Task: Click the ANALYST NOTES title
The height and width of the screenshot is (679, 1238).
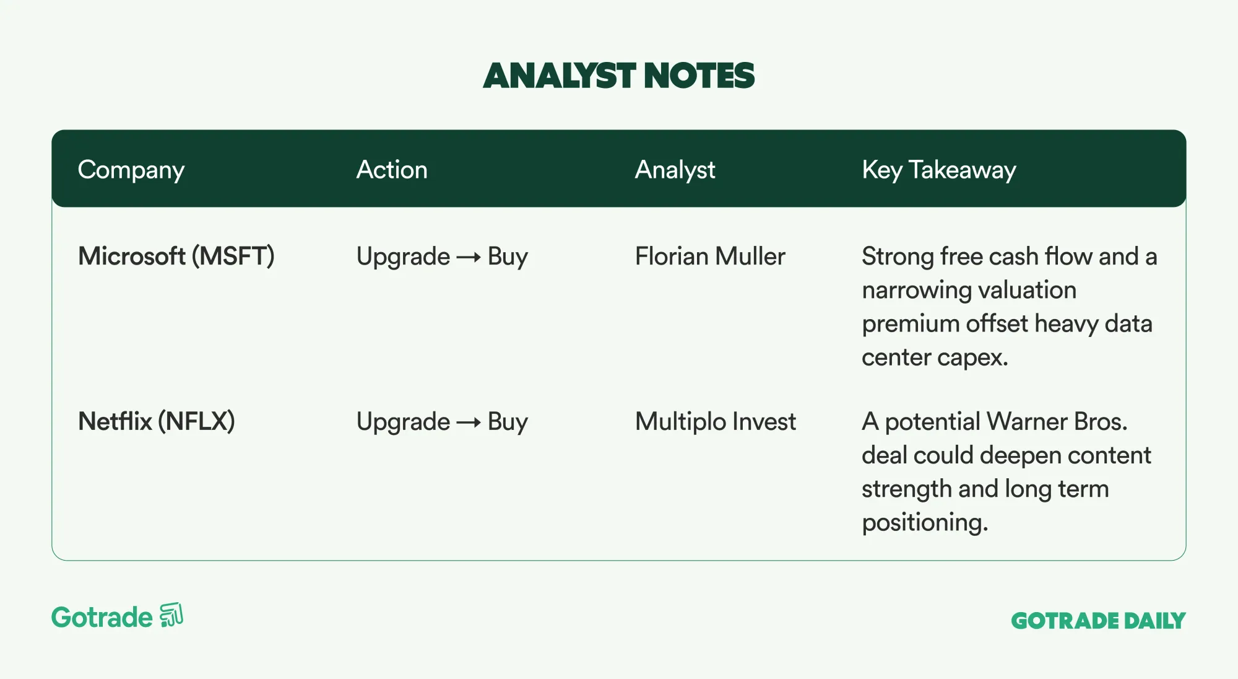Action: (x=619, y=76)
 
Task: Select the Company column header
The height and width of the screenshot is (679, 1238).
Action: (x=131, y=170)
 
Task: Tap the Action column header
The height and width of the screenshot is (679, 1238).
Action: (x=392, y=170)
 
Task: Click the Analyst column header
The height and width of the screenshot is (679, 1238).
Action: (x=675, y=170)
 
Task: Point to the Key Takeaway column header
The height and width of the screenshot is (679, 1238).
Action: (x=939, y=170)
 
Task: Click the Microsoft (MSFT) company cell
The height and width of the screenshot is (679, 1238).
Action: (x=176, y=256)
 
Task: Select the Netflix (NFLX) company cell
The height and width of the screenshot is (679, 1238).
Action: (x=157, y=422)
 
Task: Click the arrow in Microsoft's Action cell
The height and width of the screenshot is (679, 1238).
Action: (x=469, y=257)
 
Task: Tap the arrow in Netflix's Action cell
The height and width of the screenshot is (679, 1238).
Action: (x=469, y=423)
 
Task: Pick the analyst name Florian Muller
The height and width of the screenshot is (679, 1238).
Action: (x=710, y=256)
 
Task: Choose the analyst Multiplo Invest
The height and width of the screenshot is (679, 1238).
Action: (x=716, y=422)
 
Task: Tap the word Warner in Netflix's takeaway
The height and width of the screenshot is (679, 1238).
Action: (x=1028, y=422)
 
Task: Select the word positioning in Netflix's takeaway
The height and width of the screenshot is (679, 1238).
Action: (x=925, y=523)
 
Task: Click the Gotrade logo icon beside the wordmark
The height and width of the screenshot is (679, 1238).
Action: (x=171, y=615)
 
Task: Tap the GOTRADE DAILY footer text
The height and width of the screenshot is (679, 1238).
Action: (x=1099, y=620)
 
